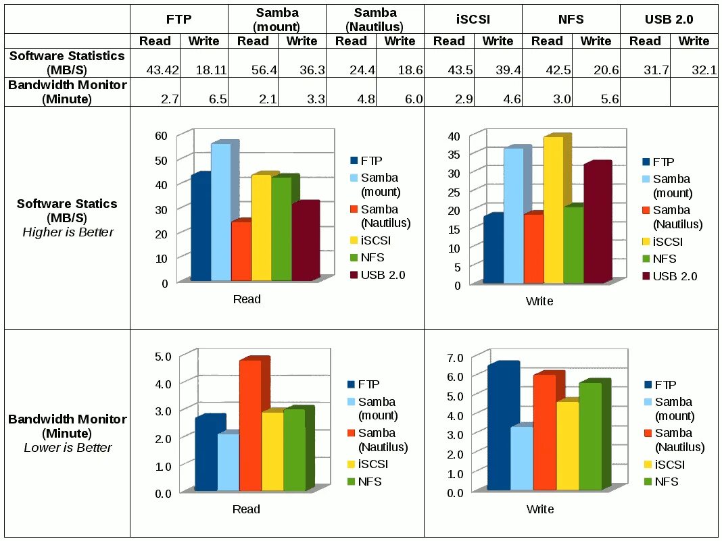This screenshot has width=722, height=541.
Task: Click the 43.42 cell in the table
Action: (x=160, y=70)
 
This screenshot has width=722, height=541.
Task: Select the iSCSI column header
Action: (x=473, y=20)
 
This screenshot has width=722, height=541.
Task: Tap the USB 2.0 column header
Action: (x=669, y=20)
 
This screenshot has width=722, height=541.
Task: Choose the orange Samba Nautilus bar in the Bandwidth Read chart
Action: (x=250, y=426)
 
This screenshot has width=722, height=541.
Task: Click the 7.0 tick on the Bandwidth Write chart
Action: (x=455, y=357)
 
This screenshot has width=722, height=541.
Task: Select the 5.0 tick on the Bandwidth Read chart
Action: (x=163, y=355)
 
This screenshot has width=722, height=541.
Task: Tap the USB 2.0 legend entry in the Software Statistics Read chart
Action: (x=381, y=276)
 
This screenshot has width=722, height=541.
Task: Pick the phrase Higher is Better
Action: (x=68, y=232)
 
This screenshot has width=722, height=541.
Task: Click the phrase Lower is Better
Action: (x=68, y=448)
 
